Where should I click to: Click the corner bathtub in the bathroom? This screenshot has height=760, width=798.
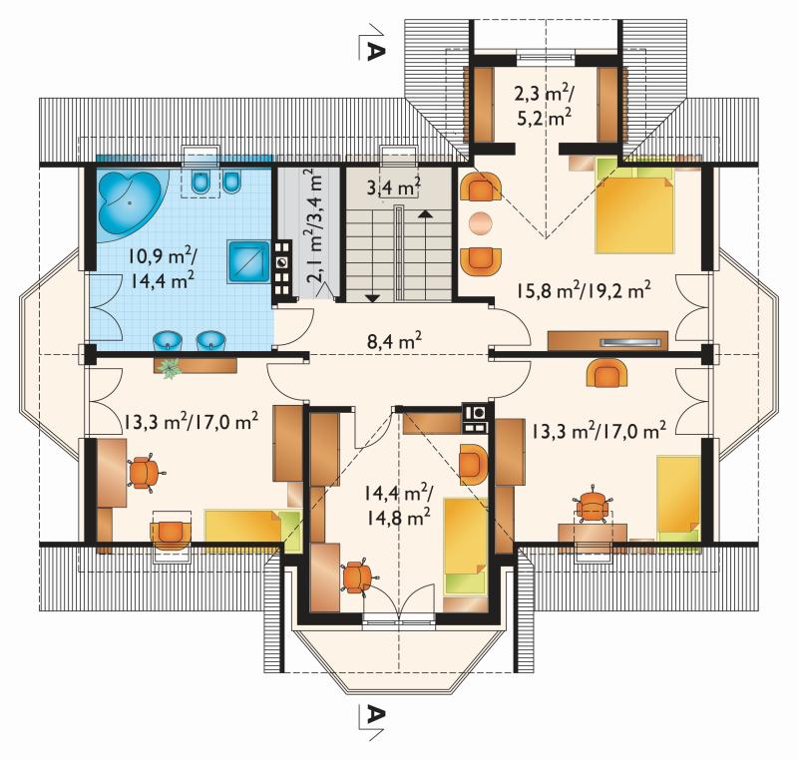129,203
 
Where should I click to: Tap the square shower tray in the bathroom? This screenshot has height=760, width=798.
248,261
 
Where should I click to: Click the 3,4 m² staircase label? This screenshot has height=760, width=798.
393,188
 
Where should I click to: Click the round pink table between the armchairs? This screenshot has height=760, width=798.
481,222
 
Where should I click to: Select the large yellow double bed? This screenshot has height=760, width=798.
635,209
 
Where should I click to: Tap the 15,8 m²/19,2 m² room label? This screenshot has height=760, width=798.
584,291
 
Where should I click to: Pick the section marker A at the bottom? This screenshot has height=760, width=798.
375,715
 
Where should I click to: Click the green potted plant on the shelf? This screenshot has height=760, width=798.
169,366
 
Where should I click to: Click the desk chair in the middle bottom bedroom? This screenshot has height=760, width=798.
358,576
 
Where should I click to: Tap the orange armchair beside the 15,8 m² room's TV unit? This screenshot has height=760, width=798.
607,373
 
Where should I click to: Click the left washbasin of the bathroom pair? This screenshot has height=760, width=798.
168,340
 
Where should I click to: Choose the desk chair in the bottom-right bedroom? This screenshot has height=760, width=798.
593,506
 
